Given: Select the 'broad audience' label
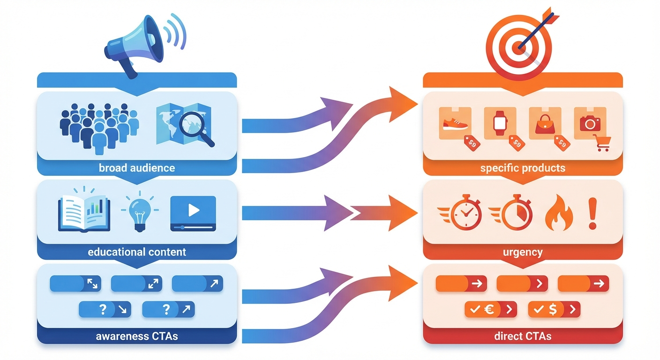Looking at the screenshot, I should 137,168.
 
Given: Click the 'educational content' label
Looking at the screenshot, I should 137,252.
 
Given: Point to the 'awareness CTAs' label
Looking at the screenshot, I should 137,336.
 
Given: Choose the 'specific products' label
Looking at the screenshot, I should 523,168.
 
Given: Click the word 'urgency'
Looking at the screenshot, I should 523,252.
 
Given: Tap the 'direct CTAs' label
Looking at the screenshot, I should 523,336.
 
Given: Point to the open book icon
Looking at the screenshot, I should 84,213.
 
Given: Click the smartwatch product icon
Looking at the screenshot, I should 500,123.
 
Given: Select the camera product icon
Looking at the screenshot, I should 590,123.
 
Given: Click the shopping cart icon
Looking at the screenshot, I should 601,142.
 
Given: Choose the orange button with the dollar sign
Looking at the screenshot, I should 554,309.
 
